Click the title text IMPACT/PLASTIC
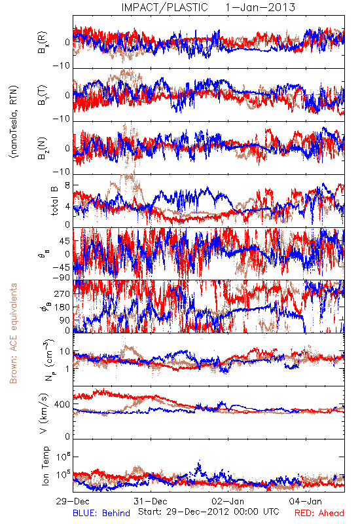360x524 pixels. pos(165,7)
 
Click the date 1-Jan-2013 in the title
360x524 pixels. pos(261,7)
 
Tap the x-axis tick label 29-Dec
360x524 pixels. pos(73,501)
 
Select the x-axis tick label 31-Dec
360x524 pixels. pos(151,501)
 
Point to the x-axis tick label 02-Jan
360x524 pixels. pos(228,501)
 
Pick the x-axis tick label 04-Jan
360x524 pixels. pos(306,501)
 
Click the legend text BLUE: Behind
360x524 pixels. pos(101,513)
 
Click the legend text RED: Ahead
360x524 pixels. pos(319,513)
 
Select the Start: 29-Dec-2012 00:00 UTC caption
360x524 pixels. pos(209,512)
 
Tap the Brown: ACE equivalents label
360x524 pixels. pos(13,333)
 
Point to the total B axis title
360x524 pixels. pos(54,201)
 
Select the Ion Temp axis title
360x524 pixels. pos(45,466)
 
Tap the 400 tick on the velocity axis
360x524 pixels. pos(62,404)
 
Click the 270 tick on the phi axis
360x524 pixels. pos(62,293)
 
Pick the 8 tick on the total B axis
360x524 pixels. pos(67,185)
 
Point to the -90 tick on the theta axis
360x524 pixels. pos(61,278)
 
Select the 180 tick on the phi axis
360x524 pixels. pos(62,307)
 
